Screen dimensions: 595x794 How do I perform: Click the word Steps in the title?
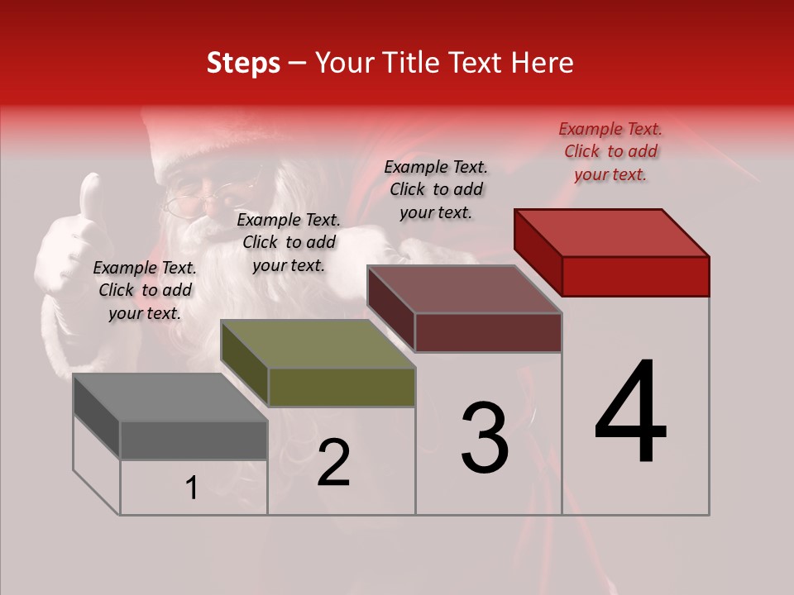click(x=243, y=63)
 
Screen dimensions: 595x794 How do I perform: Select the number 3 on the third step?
click(x=484, y=438)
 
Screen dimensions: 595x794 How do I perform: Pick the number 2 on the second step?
click(x=333, y=463)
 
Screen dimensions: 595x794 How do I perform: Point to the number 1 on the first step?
click(x=192, y=488)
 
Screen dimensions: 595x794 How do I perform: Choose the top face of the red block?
click(x=612, y=232)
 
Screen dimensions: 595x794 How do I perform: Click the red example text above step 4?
click(x=610, y=151)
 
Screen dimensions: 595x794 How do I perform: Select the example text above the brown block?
click(x=436, y=189)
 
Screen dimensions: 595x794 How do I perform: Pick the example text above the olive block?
click(x=289, y=242)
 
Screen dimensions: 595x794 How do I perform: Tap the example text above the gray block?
click(x=145, y=290)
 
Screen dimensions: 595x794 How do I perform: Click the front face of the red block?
click(x=635, y=276)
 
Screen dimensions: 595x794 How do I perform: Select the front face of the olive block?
click(x=342, y=387)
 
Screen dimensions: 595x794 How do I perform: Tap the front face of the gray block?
click(x=194, y=440)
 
